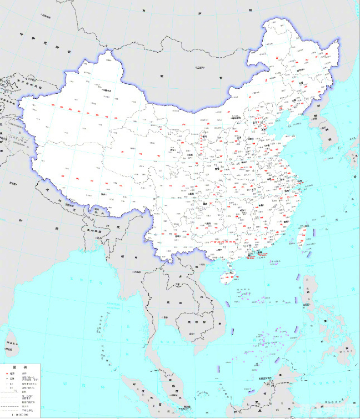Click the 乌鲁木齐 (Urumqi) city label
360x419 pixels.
109,90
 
